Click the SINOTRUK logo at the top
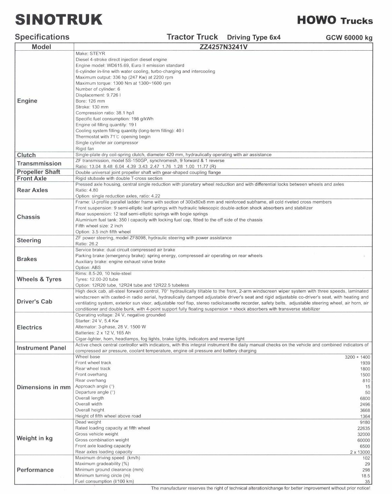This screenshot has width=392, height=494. point(59,19)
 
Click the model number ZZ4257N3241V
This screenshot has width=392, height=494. point(223,47)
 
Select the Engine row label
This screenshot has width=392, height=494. point(27,101)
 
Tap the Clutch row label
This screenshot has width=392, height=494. point(26,155)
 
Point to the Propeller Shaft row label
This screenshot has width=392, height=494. point(38,172)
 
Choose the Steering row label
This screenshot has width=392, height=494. point(29,241)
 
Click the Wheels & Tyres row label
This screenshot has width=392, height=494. point(39,279)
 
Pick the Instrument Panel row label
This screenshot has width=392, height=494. point(41,348)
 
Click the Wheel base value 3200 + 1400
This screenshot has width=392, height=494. point(357,357)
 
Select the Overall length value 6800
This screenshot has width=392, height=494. point(365,399)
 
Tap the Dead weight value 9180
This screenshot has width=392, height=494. point(365,422)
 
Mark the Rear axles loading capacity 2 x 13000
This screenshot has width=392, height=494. point(360,452)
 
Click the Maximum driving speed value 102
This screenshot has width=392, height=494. point(366,458)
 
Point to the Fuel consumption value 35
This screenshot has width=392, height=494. point(367,482)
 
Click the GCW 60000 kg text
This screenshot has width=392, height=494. point(349,38)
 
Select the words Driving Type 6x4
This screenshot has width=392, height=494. point(254,37)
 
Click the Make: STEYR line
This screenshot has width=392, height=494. point(90,54)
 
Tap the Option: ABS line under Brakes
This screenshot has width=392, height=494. point(88,268)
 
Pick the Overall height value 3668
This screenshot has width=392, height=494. point(365,411)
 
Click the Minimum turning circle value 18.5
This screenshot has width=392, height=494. point(366,476)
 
